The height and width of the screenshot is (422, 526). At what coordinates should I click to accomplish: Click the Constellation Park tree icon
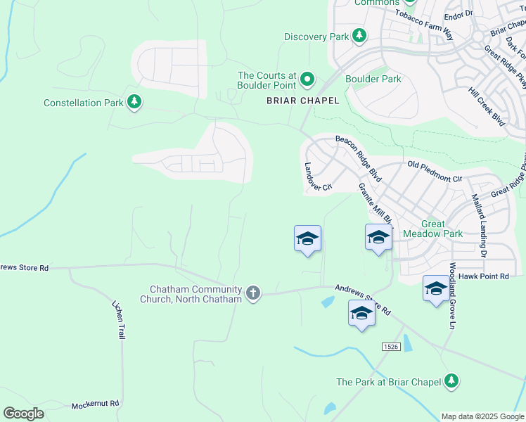[x=134, y=103]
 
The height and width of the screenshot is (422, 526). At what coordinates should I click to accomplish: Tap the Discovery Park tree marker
[x=359, y=36]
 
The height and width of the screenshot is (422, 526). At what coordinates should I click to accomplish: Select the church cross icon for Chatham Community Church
[x=253, y=292]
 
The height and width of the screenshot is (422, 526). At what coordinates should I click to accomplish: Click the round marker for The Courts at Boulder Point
[x=307, y=79]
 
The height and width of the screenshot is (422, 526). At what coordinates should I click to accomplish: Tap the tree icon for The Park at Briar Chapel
[x=451, y=381]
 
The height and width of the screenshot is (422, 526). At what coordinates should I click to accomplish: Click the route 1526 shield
[x=392, y=347]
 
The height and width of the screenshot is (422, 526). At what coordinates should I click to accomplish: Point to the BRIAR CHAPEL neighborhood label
[x=302, y=101]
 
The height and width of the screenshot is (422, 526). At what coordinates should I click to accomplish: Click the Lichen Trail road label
[x=118, y=320]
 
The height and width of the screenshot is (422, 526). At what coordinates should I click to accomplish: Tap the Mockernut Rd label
[x=96, y=406]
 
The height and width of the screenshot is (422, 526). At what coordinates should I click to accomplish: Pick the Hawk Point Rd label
[x=483, y=276]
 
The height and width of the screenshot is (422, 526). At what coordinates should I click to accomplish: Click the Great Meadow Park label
[x=432, y=229]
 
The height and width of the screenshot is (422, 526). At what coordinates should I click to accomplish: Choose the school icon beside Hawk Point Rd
[x=435, y=288]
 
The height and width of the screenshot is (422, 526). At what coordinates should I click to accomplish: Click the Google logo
[x=23, y=413]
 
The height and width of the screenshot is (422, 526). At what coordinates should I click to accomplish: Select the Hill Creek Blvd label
[x=486, y=107]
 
